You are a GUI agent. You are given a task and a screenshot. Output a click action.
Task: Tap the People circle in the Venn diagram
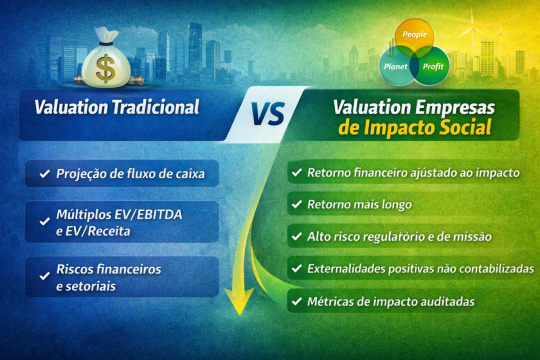click(415, 34)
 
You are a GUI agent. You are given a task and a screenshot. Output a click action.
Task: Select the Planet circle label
click(395, 66)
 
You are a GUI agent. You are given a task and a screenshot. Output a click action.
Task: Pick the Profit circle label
click(433, 66)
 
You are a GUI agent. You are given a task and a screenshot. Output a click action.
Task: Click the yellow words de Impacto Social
click(415, 128)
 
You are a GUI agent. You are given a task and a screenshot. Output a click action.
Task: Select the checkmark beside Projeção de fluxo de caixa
click(43, 174)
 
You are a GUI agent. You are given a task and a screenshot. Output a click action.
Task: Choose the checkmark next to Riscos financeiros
click(43, 276)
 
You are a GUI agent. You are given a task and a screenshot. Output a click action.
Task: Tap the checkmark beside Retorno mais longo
click(296, 205)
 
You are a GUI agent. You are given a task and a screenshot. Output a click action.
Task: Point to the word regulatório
click(384, 237)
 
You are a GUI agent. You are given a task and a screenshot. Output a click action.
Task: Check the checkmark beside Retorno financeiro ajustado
click(296, 173)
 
